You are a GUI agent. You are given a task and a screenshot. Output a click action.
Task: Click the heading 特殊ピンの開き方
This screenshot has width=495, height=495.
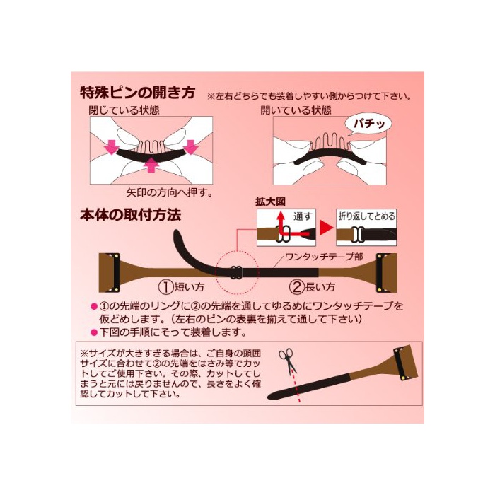(138, 93)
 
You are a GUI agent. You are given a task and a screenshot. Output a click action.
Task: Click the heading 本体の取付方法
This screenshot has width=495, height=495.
(131, 215)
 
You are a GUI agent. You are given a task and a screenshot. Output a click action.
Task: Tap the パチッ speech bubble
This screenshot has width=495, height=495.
(368, 124)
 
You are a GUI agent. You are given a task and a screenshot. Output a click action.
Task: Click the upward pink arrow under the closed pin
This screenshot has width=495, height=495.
(151, 165)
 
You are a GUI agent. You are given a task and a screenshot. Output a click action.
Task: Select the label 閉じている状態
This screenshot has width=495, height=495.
(124, 110)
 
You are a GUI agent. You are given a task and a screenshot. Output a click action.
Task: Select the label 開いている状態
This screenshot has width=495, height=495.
(296, 110)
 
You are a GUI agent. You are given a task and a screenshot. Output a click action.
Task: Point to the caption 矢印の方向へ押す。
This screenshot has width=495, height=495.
(170, 192)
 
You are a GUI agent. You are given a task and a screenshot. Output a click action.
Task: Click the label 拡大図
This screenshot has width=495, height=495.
(270, 202)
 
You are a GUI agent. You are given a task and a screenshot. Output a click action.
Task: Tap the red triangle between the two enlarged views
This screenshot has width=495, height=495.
(326, 227)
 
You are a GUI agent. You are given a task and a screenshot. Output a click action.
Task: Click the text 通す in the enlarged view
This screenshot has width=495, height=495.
(303, 216)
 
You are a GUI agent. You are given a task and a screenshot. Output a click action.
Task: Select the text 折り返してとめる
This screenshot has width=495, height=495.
(366, 216)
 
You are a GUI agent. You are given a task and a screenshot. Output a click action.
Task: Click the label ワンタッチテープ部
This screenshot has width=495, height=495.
(324, 257)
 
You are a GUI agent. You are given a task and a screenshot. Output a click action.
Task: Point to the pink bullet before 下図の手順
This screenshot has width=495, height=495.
(94, 332)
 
